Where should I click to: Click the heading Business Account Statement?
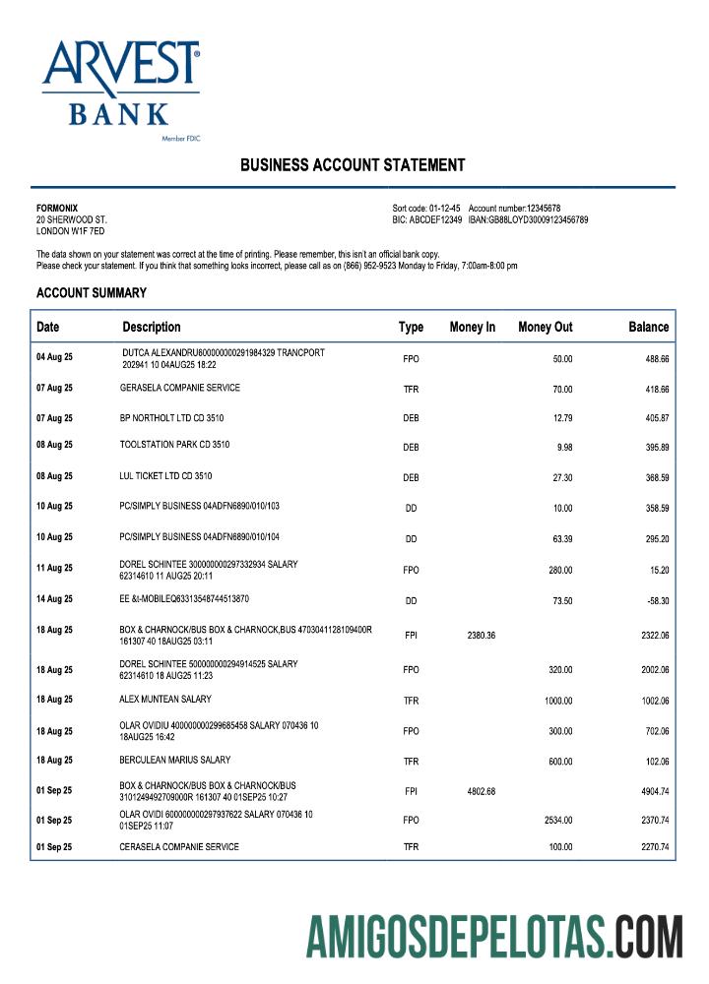353,165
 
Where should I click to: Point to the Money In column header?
472,327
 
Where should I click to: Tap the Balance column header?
648,327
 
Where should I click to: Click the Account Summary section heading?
92,293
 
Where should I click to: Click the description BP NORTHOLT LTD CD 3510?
171,418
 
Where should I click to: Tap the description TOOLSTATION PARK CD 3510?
174,445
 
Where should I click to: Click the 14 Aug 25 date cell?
54,599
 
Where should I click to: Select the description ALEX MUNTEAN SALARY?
165,700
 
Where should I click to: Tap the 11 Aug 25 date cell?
54,569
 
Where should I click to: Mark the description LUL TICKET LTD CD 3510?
165,476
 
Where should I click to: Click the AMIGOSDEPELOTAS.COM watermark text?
493,936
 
